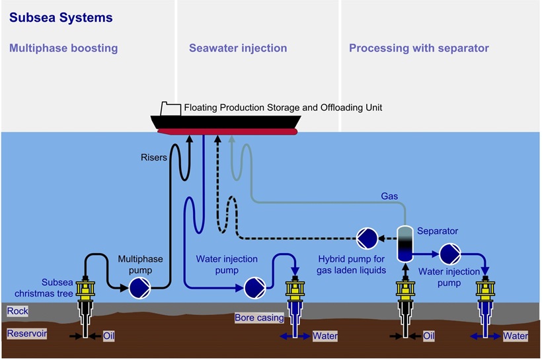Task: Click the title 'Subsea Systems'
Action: pos(61,18)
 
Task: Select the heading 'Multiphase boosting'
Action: pos(63,48)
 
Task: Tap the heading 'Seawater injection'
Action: pos(238,48)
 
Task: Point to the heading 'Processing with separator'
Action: pos(419,48)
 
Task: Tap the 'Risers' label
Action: pos(155,157)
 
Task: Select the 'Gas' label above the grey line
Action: pos(389,196)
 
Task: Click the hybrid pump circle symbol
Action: pos(367,237)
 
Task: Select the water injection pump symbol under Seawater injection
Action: pos(254,287)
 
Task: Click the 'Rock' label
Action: pos(17,310)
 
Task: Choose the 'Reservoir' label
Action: pos(27,334)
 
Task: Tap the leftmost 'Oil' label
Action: pos(110,336)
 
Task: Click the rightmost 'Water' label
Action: pos(515,336)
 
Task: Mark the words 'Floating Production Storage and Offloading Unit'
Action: pos(283,107)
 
